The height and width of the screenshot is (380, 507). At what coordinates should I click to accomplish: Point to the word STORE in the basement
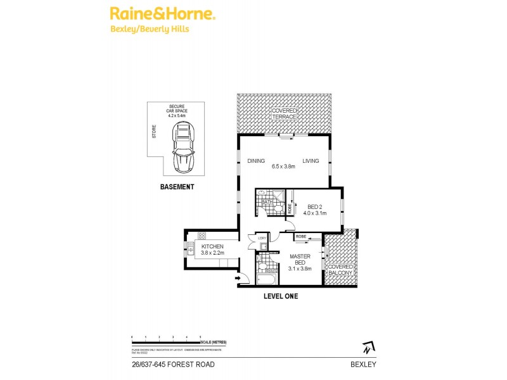point(154,132)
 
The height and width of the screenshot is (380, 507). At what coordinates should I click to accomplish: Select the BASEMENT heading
point(177,187)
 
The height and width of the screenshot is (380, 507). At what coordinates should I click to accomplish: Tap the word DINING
point(256,161)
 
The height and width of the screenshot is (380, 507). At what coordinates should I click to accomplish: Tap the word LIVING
point(311,161)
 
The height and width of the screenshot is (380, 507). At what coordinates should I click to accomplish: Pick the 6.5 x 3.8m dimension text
point(283,167)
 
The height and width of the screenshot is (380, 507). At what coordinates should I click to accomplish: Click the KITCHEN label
point(212,246)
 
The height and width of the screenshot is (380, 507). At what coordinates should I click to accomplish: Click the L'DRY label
point(261,239)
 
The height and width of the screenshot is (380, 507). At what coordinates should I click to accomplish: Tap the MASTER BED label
point(299,260)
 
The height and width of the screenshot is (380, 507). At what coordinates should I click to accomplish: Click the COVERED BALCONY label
point(340,270)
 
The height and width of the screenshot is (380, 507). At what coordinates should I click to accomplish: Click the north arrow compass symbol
point(368,347)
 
